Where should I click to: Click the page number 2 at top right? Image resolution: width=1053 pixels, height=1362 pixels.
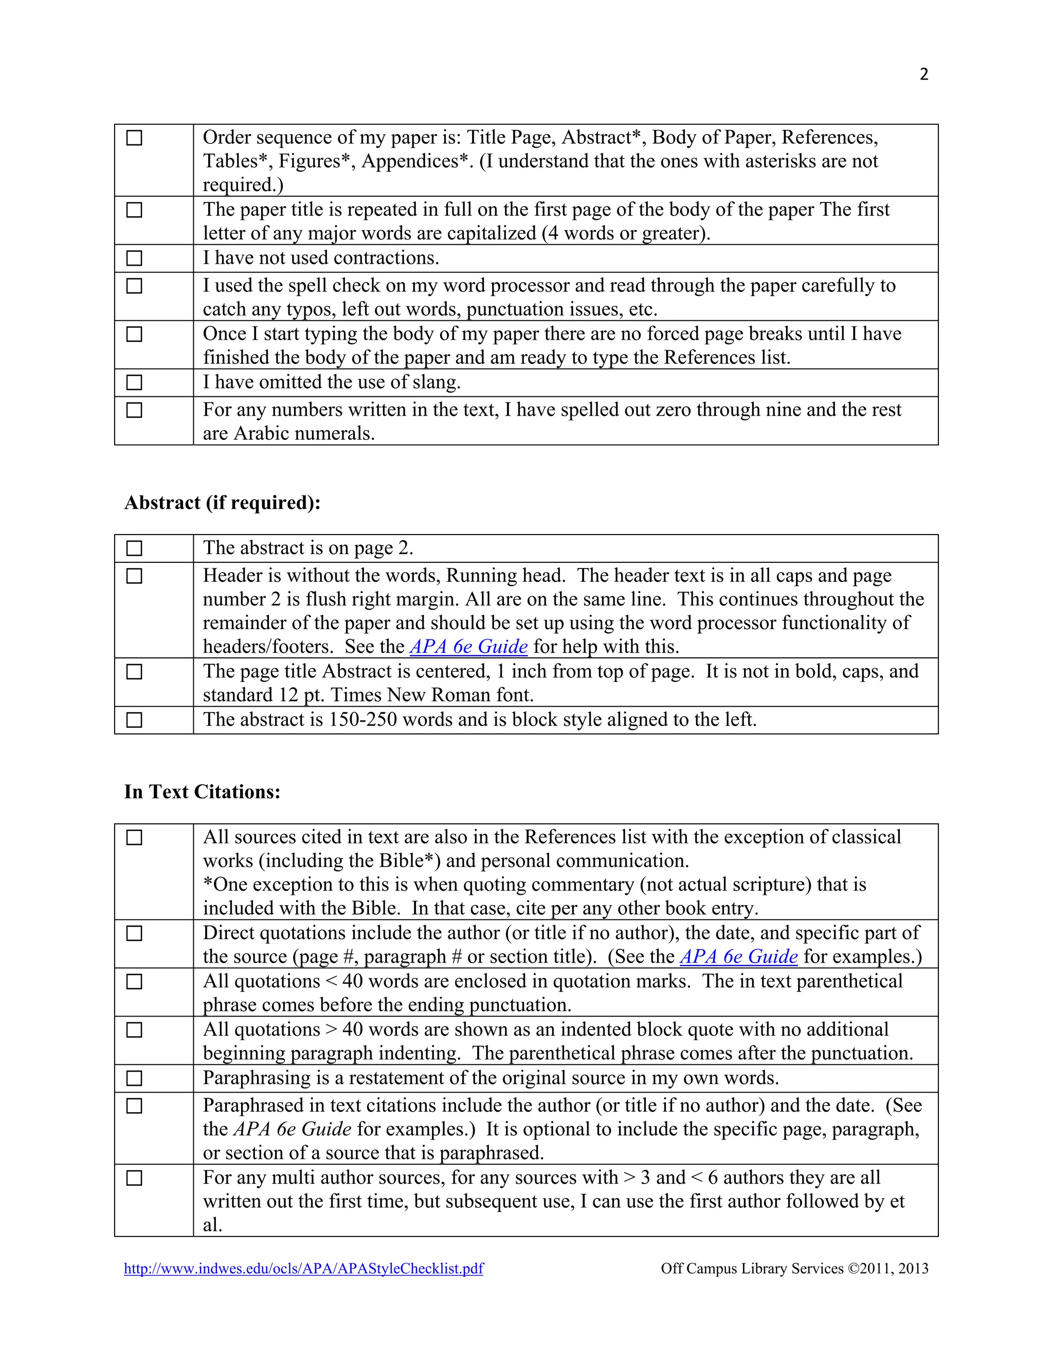924,74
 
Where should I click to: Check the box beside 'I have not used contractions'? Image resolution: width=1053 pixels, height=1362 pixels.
134,258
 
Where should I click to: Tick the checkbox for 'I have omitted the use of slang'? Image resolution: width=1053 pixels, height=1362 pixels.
134,382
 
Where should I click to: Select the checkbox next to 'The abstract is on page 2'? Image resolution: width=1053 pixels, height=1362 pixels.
134,548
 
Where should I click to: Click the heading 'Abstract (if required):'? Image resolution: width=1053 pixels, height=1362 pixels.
222,503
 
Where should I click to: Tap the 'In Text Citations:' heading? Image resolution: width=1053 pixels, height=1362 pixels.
202,792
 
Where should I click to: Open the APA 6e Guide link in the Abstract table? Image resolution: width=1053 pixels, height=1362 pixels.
468,647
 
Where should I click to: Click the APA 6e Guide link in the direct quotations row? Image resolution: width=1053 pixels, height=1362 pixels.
739,956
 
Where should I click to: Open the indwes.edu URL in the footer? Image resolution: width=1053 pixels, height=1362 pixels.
303,1268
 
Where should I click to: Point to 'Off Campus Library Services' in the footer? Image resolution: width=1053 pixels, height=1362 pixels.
752,1268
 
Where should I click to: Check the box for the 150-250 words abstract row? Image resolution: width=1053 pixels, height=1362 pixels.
134,720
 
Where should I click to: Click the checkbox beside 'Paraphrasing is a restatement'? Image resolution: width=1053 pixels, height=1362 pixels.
134,1078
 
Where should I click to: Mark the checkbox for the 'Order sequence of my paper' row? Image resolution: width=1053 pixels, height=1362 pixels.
134,138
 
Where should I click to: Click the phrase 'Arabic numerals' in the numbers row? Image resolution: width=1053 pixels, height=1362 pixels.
304,433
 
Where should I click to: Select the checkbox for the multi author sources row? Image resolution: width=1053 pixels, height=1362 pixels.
134,1178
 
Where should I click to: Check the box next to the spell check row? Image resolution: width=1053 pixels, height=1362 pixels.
134,286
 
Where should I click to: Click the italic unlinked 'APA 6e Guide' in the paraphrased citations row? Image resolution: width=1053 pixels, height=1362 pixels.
293,1129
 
